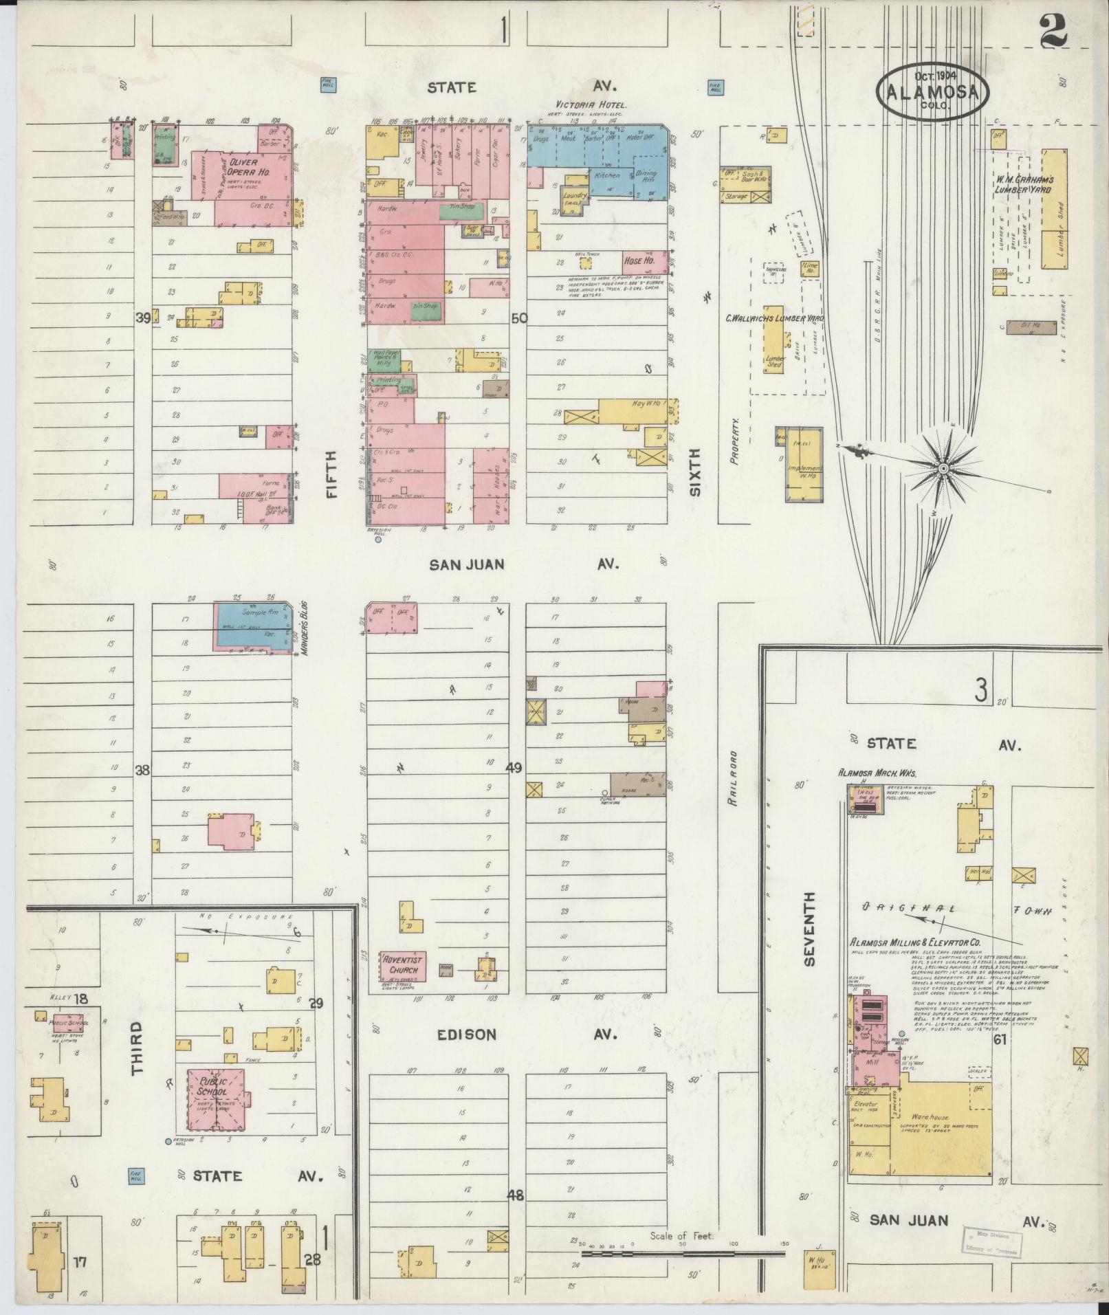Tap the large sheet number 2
pyautogui.click(x=1053, y=31)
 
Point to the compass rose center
pyautogui.click(x=943, y=468)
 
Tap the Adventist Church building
pyautogui.click(x=403, y=966)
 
